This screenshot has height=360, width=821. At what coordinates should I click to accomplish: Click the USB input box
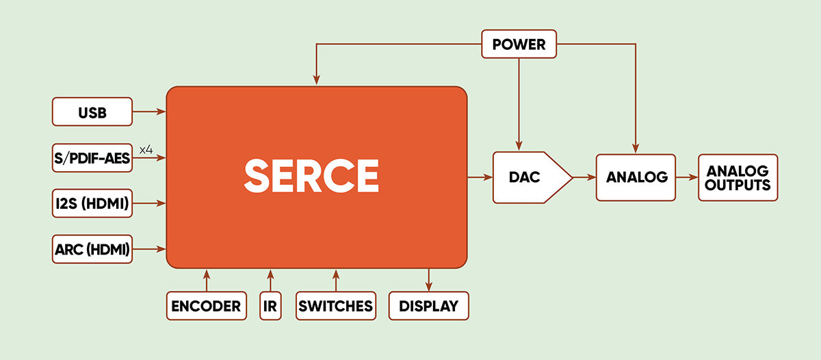click(92, 112)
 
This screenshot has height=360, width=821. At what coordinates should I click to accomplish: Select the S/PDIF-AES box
click(92, 157)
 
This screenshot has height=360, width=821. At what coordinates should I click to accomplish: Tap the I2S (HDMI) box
click(92, 203)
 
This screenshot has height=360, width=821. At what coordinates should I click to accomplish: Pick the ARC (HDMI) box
click(92, 249)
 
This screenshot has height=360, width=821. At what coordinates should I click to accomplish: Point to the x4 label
click(146, 149)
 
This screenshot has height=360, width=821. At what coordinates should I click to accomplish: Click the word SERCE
click(311, 176)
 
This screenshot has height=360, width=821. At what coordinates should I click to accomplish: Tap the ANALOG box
click(636, 177)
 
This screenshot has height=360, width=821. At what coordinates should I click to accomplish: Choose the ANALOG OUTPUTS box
click(738, 177)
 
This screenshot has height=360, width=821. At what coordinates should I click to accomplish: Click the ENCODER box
click(206, 306)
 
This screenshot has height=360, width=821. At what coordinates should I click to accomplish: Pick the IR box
click(270, 306)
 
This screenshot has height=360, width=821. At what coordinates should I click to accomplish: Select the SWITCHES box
click(335, 306)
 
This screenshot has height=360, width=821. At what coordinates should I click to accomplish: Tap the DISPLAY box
click(428, 306)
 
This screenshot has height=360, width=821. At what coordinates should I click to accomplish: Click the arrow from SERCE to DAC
click(480, 177)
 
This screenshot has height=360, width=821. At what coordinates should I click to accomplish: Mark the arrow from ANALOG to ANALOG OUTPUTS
click(687, 177)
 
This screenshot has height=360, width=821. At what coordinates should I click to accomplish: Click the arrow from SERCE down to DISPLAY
click(428, 280)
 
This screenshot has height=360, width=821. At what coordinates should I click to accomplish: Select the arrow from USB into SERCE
click(149, 111)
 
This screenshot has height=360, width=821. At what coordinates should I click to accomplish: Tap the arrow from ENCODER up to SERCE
click(206, 280)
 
